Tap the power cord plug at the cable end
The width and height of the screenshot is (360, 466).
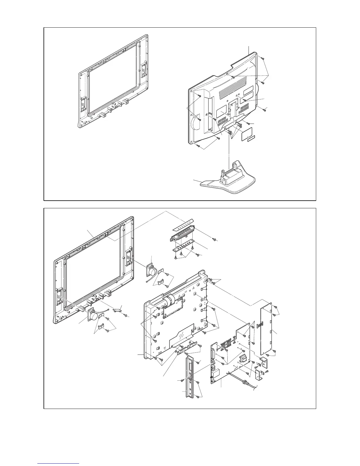point(244,383)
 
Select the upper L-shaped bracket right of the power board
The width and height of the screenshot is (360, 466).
point(264,362)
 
